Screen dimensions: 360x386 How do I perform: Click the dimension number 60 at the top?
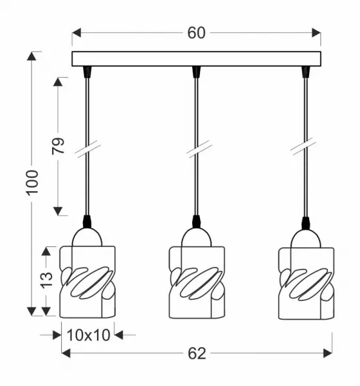(196, 33)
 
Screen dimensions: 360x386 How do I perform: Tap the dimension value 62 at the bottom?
(197, 354)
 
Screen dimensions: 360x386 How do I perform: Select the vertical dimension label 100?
(33, 183)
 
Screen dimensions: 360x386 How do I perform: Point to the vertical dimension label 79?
(58, 146)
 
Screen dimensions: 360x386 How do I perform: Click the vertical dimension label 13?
(46, 280)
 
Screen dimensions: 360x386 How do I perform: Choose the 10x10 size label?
(88, 335)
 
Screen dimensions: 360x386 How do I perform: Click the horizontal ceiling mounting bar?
(196, 59)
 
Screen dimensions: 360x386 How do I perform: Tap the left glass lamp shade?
(87, 282)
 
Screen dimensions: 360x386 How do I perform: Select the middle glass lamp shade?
(197, 282)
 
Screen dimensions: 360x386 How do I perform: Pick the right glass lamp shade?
(306, 283)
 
